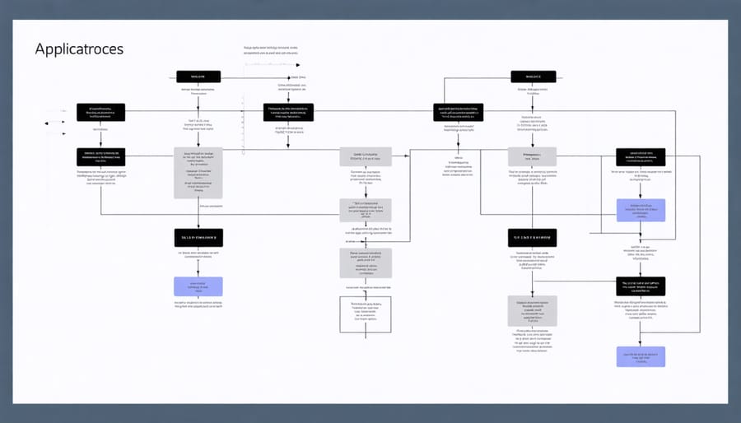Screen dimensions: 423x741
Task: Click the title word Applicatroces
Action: coord(79,49)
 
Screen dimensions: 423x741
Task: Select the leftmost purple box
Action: coord(198,286)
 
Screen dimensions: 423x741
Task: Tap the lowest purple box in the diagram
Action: coord(640,356)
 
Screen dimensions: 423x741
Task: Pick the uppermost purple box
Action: coord(640,210)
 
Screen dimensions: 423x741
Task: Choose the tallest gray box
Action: coord(198,173)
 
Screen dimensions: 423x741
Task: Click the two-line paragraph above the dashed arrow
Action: coord(271,51)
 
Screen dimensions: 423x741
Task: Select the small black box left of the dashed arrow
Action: coord(198,77)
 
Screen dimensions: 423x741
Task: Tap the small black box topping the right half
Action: coord(533,77)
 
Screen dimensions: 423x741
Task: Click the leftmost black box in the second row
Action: coord(100,112)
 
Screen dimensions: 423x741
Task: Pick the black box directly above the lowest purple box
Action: coord(640,286)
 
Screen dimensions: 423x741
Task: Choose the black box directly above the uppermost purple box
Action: coord(640,156)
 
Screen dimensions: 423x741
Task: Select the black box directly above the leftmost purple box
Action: coord(198,237)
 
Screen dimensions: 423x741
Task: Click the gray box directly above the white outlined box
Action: coord(365,263)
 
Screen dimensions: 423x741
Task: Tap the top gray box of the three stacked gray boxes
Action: coord(365,157)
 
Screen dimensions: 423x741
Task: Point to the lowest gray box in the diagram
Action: coord(532,311)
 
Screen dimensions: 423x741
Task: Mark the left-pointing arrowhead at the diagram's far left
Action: coord(48,123)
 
